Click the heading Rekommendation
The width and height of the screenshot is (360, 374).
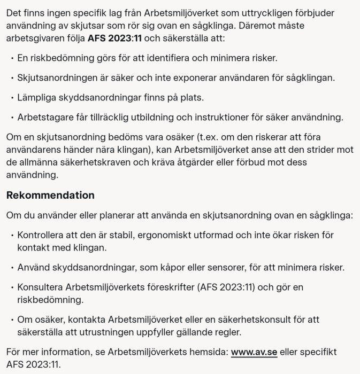pos(50,195)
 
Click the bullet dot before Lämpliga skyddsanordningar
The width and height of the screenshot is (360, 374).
pos(12,98)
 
